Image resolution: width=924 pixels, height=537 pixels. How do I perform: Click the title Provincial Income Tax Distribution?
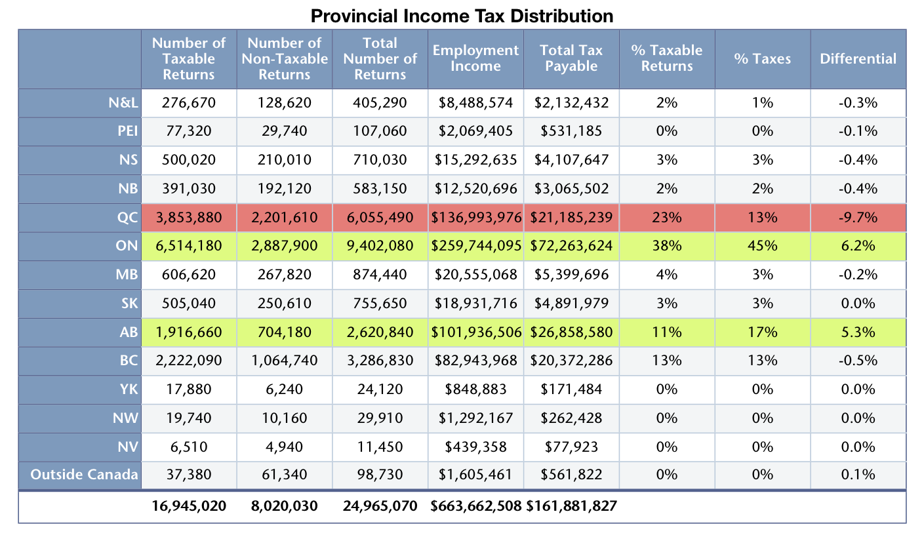(x=462, y=15)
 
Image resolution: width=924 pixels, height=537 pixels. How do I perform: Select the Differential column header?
(x=858, y=58)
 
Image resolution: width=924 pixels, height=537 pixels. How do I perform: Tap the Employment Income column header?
(x=475, y=58)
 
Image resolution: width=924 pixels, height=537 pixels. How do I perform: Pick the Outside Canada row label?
(x=85, y=474)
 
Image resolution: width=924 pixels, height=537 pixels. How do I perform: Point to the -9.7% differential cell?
(x=858, y=217)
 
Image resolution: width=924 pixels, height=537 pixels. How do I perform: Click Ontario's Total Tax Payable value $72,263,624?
(x=571, y=246)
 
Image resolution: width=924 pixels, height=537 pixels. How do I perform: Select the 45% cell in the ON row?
(x=763, y=246)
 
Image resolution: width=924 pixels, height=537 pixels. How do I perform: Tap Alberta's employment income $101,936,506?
(x=476, y=332)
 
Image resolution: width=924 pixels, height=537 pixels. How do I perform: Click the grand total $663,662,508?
(x=476, y=506)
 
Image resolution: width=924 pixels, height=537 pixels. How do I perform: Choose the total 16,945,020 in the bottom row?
(x=189, y=506)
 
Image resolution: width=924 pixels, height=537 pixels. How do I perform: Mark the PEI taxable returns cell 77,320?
(x=189, y=130)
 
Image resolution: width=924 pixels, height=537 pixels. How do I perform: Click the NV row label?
(x=127, y=447)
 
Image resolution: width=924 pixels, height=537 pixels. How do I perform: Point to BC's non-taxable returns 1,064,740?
(x=285, y=360)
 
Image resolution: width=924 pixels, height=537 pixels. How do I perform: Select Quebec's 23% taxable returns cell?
(x=666, y=217)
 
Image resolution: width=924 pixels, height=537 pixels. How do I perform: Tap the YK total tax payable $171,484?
(x=571, y=389)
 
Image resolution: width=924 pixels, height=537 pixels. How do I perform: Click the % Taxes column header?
(x=763, y=58)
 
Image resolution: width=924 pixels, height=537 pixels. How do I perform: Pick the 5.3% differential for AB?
(x=858, y=332)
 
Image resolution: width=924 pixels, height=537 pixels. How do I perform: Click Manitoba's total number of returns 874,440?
(x=380, y=274)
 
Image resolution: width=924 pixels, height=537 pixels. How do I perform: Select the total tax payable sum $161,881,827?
(x=571, y=506)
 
